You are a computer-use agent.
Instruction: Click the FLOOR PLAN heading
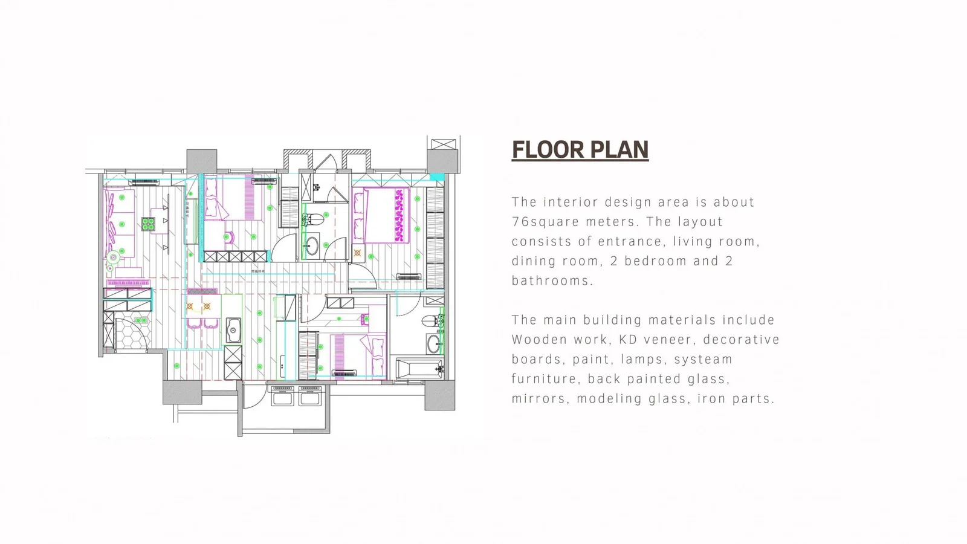[x=580, y=149]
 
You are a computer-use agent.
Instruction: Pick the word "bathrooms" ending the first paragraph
[x=552, y=280]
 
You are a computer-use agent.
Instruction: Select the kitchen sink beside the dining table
[x=233, y=330]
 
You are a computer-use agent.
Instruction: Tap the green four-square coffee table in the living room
[x=148, y=224]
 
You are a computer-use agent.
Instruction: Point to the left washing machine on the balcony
[x=282, y=395]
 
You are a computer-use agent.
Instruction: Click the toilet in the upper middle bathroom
[x=314, y=220]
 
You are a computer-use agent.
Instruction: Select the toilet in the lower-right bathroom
[x=433, y=321]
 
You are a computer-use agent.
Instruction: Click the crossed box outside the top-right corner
[x=444, y=144]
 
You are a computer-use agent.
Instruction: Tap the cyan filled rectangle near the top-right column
[x=437, y=177]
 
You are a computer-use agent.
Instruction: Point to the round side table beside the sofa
[x=113, y=257]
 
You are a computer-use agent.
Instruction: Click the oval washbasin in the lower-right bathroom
[x=434, y=344]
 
